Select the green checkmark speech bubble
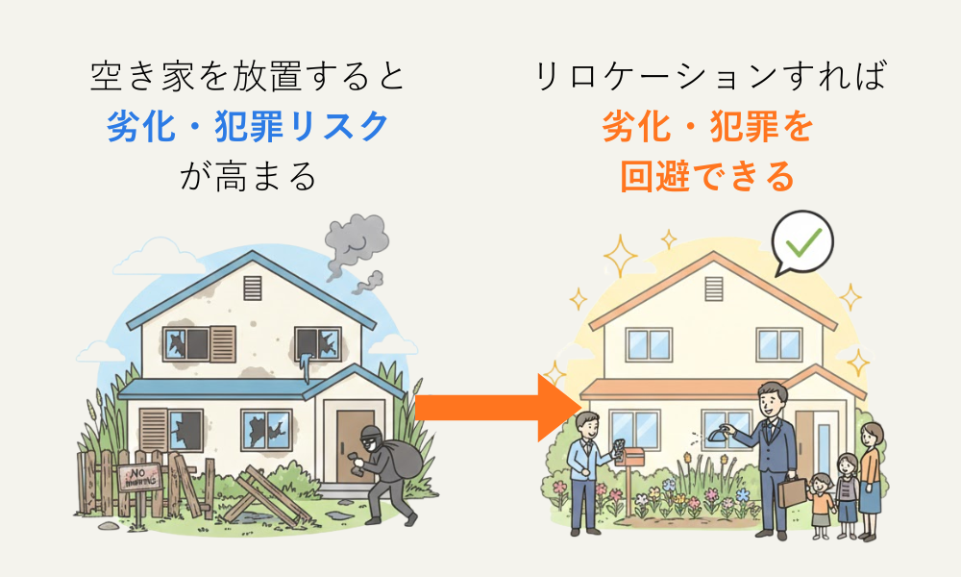801,245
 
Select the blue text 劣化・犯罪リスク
248,127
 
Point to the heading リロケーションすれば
708,77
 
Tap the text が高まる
248,177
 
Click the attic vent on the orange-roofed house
714,288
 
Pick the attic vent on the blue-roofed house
253,288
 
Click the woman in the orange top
870,476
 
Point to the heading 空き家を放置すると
248,77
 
